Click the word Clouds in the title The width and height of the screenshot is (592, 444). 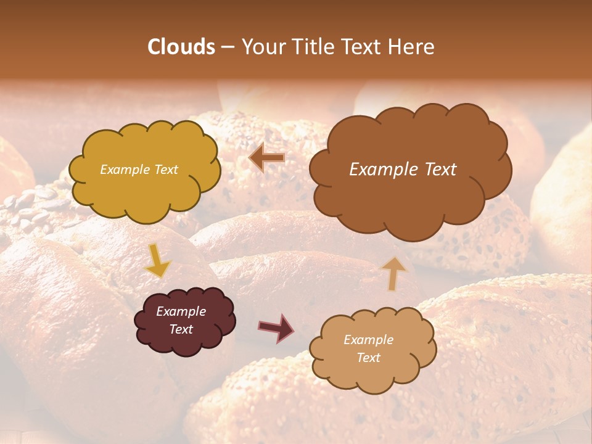[181, 47]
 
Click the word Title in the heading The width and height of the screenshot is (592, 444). [313, 47]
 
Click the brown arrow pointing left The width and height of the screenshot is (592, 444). [267, 158]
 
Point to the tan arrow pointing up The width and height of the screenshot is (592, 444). [394, 273]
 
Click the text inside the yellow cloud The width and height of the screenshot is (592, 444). [139, 170]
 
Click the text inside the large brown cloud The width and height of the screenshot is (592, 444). [403, 170]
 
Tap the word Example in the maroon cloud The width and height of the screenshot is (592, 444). [181, 311]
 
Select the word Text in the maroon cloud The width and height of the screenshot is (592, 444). [181, 329]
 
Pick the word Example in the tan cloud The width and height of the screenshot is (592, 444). [368, 340]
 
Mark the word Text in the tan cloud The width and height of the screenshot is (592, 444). [368, 358]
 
